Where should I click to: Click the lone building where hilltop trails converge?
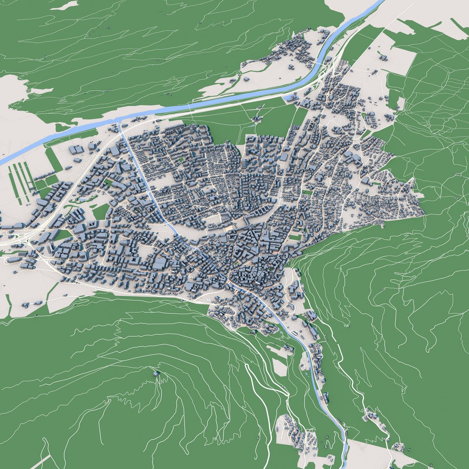[x=155, y=374]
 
